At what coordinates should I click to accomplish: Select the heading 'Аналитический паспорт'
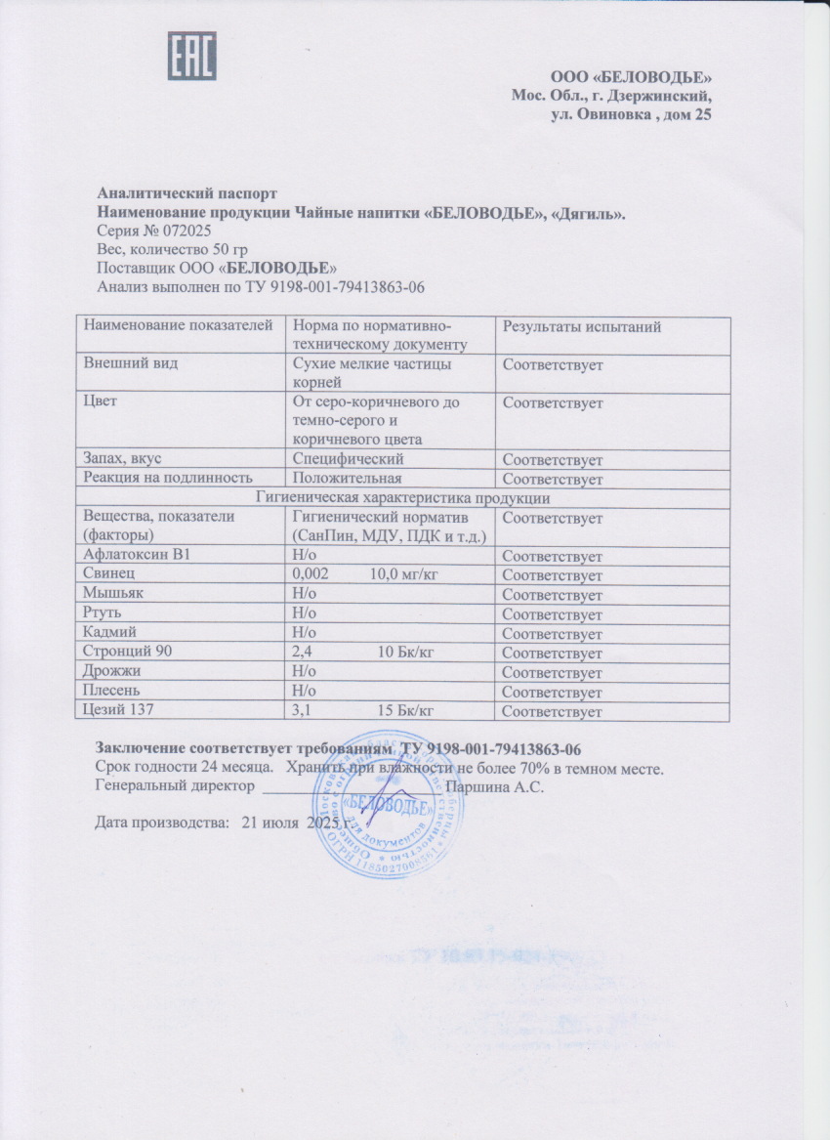[187, 193]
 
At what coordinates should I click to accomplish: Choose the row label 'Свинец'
[106, 575]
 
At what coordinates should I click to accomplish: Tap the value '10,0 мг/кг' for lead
[402, 575]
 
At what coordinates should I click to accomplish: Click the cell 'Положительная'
[348, 479]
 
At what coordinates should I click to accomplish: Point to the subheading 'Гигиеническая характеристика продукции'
[402, 498]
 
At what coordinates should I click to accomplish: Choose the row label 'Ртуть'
[103, 614]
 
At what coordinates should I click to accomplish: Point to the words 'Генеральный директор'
[175, 785]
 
